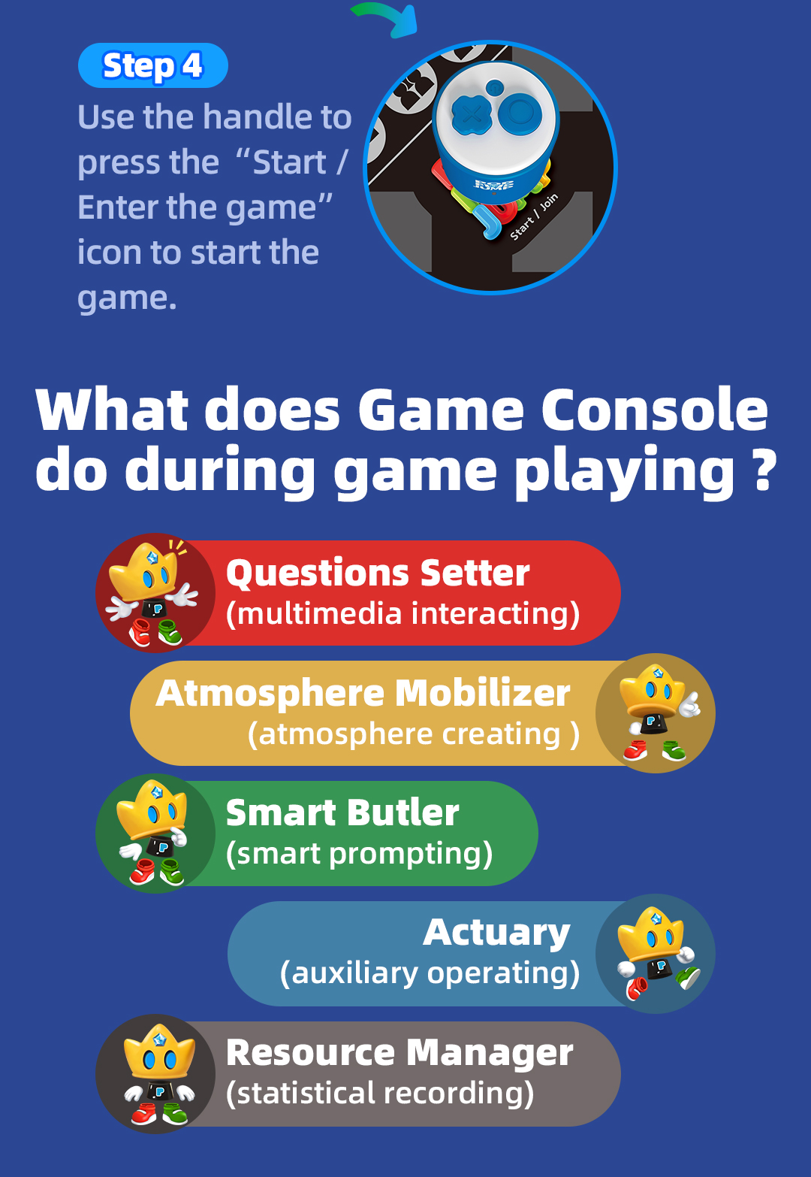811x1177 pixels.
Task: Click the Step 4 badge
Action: click(x=152, y=65)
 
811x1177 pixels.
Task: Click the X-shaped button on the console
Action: click(x=472, y=113)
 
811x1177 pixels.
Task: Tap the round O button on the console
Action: click(x=520, y=111)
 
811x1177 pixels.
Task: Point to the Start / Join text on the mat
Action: click(x=534, y=217)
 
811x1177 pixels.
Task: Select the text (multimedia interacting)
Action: click(x=402, y=614)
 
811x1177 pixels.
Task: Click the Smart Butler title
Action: click(x=342, y=812)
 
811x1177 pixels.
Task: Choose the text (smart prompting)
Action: click(x=359, y=854)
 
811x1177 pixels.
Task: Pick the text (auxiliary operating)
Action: click(x=430, y=973)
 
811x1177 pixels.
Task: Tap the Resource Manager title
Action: click(x=399, y=1052)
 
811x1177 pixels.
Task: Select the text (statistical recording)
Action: click(x=379, y=1094)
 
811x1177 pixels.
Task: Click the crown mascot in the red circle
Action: click(x=152, y=594)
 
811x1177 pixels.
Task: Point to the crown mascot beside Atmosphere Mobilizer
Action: click(x=659, y=713)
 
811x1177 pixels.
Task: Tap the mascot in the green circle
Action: click(x=152, y=833)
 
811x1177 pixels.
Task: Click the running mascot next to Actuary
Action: click(x=657, y=955)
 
